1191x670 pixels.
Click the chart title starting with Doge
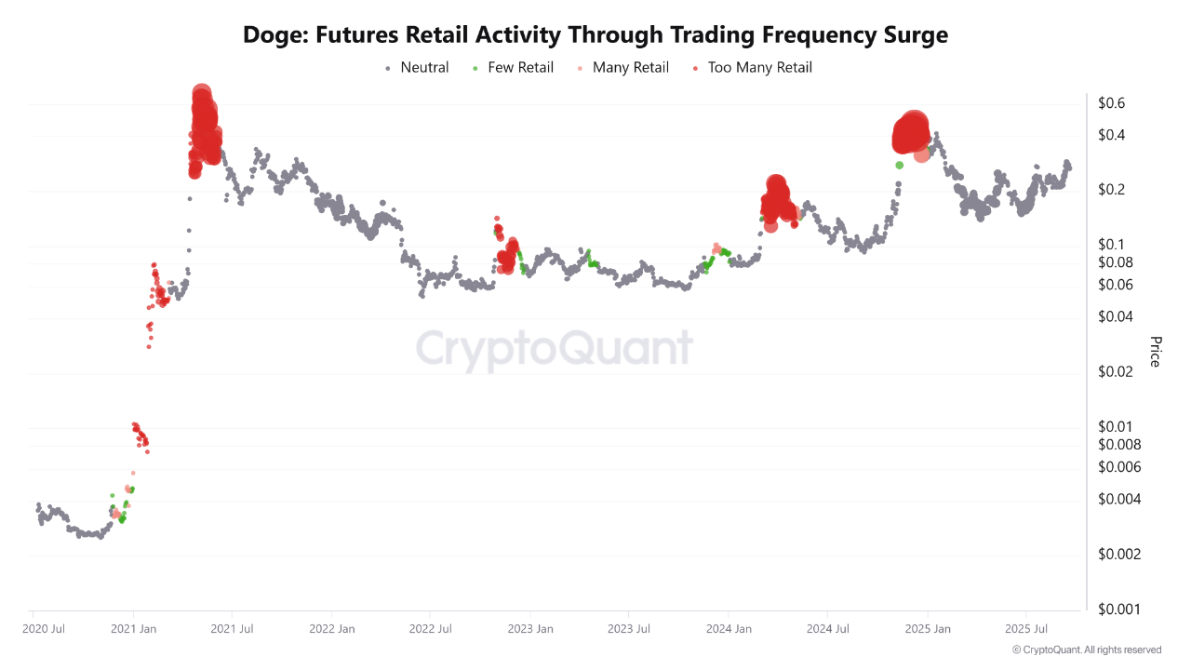595,35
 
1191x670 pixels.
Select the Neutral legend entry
424,67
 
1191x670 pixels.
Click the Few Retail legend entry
520,67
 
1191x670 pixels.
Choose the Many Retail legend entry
630,67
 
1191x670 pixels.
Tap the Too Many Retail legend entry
759,67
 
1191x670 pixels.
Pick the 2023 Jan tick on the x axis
530,629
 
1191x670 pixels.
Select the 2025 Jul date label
1025,629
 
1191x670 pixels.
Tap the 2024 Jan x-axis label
729,629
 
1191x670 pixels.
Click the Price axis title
1155,352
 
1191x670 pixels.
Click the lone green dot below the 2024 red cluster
899,165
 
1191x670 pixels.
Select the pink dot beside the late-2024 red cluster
921,154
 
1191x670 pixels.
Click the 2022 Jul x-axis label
432,629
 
